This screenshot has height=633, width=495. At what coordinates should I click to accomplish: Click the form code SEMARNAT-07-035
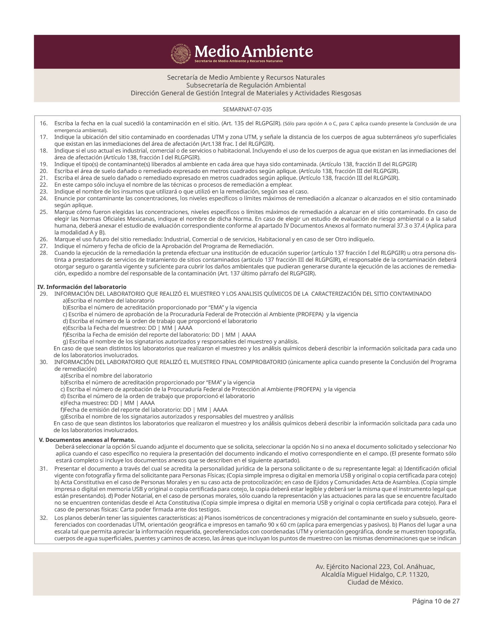point(247,110)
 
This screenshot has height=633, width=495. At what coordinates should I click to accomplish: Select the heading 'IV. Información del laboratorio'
point(82,287)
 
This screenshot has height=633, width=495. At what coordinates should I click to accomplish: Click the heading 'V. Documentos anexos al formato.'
point(87,440)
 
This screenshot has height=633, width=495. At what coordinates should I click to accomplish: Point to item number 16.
point(44,123)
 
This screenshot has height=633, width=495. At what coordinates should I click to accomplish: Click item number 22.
point(44,185)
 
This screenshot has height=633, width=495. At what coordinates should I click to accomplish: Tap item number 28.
point(44,253)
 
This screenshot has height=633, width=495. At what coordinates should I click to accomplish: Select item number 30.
point(44,362)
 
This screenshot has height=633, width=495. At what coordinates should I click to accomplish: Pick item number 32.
point(44,518)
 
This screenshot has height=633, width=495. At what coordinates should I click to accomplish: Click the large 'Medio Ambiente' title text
point(254,51)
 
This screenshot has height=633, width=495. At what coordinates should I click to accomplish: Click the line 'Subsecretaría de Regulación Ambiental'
point(246,85)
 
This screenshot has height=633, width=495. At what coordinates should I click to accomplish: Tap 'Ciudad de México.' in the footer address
point(375,582)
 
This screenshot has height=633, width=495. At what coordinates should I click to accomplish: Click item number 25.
point(44,212)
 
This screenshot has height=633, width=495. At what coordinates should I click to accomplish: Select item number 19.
point(44,164)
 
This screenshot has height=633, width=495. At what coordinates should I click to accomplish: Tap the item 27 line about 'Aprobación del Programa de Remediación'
point(164,246)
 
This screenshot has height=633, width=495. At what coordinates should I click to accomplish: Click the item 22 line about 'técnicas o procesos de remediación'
point(173,185)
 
